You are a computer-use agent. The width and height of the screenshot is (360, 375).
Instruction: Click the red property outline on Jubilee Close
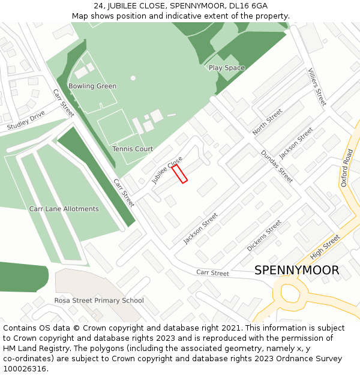click(x=180, y=174)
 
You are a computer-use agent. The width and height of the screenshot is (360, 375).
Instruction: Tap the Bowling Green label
click(x=92, y=86)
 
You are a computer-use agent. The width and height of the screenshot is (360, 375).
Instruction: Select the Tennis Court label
click(x=133, y=149)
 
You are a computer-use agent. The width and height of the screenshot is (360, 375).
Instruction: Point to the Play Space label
click(x=227, y=68)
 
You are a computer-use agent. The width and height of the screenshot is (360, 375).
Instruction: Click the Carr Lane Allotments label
click(x=64, y=209)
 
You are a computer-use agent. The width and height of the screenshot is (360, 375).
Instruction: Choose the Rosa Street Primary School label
click(x=99, y=301)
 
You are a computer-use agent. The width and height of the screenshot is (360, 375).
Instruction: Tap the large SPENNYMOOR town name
click(x=296, y=271)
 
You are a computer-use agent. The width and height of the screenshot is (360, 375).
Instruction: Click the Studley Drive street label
click(x=26, y=121)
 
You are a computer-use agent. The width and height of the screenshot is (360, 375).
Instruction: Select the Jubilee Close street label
click(x=167, y=170)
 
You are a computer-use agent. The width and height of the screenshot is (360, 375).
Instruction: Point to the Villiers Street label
click(x=317, y=87)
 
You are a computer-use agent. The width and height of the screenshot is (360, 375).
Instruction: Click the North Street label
click(x=267, y=122)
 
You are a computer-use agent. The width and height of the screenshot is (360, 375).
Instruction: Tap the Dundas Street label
click(x=277, y=166)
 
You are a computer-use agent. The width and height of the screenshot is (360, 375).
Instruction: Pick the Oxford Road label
click(x=347, y=168)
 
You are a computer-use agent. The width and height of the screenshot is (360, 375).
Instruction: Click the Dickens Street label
click(x=264, y=235)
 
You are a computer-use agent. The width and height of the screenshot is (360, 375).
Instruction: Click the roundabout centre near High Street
click(x=289, y=293)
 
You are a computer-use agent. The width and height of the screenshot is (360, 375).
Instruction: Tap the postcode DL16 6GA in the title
click(x=247, y=5)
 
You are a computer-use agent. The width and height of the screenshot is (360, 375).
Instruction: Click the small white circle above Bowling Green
click(x=133, y=77)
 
